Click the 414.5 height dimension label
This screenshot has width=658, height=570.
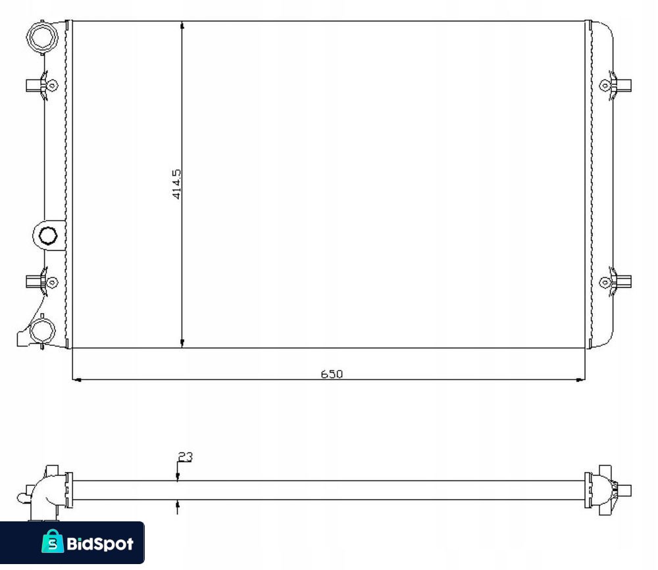coord(176,183)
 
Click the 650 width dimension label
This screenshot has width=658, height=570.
coord(332,373)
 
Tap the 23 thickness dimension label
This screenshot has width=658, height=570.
coord(186,456)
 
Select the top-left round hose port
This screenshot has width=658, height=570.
coord(42,37)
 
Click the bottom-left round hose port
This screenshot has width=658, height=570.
coord(42,331)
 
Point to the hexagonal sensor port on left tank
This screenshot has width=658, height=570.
coord(48,235)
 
